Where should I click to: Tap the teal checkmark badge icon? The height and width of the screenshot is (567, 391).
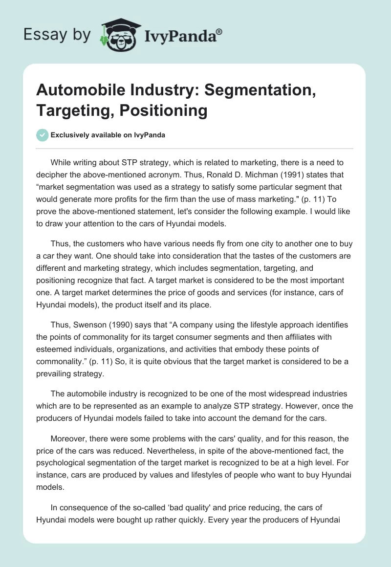42,135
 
